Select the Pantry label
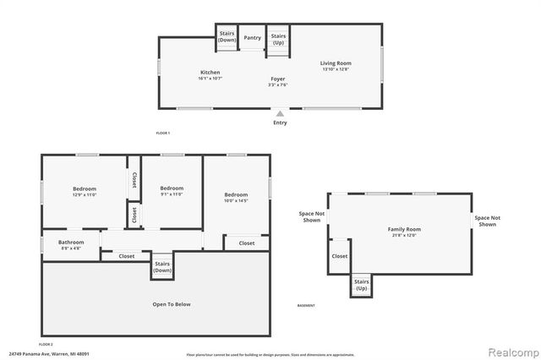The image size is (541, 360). (252, 38)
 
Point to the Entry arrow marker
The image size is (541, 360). (280, 112)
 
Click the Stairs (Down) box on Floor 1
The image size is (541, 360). (227, 37)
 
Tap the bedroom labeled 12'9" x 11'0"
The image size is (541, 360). (84, 192)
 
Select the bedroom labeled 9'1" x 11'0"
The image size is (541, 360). (172, 191)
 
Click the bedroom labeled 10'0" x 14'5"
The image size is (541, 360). (236, 198)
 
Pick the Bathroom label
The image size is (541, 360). (71, 245)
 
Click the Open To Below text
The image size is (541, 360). (171, 304)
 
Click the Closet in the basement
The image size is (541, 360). (339, 256)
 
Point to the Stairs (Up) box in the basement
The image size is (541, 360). (361, 286)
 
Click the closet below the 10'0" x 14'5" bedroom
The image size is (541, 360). (246, 243)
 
